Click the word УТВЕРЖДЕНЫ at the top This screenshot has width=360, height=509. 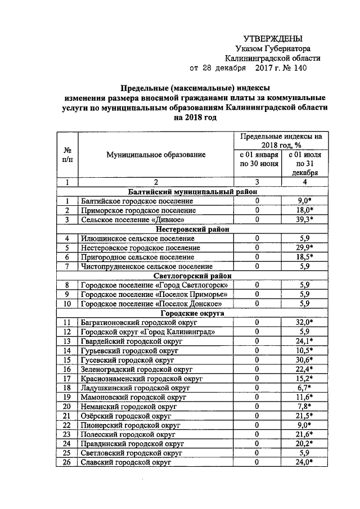pos(276,38)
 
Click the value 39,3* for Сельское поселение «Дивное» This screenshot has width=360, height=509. pos(304,219)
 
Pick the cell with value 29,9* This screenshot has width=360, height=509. pos(304,247)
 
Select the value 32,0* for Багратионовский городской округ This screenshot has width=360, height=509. pos(304,322)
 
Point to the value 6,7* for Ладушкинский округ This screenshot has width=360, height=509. pos(304,388)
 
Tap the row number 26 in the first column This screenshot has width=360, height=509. pos(67,462)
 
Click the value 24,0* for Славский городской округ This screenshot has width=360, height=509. pos(304,462)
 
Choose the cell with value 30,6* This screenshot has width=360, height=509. pos(304,359)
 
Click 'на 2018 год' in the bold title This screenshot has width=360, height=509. pos(195,118)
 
